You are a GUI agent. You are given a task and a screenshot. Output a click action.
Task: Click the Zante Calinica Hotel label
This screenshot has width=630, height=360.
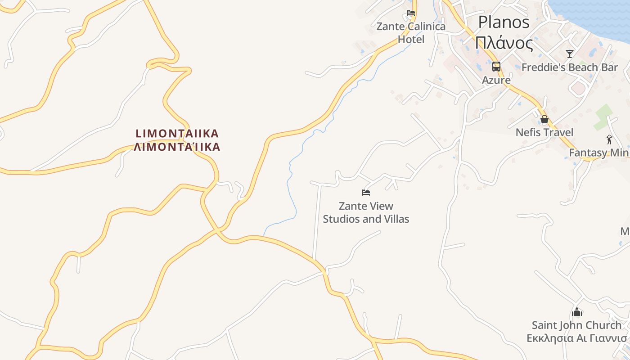point(411,33)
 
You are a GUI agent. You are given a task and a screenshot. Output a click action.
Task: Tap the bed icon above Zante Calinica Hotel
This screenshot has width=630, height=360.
point(411,13)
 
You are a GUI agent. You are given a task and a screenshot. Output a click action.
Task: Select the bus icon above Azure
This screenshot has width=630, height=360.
point(496,67)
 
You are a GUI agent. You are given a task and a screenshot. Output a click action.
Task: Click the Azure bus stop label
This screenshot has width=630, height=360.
point(496,80)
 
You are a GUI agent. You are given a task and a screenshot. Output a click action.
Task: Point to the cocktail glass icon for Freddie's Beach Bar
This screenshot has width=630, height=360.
point(570,54)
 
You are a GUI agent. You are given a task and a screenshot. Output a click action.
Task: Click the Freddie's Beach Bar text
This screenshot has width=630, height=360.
point(570,67)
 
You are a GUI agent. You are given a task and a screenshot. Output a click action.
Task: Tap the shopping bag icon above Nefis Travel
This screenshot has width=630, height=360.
point(544,119)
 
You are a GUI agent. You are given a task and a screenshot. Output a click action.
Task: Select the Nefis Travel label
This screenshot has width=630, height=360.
point(544,132)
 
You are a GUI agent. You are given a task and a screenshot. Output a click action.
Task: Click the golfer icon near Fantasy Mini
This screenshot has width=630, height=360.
point(609,139)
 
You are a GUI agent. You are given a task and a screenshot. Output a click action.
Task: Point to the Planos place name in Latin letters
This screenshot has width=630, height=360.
point(504,22)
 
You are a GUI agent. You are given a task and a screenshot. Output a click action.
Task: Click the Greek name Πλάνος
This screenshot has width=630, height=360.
point(504,44)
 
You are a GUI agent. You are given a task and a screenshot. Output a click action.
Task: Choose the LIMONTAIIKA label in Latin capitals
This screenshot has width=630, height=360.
point(177,134)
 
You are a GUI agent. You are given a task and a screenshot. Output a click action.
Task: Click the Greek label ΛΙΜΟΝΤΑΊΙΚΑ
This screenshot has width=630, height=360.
point(177,147)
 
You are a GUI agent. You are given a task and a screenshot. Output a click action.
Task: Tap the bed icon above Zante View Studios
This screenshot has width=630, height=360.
point(366,193)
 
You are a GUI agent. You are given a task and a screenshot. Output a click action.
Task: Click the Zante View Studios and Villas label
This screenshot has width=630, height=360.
point(366,213)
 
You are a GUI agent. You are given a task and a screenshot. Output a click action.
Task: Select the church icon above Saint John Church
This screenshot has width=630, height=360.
point(577,311)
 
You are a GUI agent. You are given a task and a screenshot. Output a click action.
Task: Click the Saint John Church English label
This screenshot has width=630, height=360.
point(577,325)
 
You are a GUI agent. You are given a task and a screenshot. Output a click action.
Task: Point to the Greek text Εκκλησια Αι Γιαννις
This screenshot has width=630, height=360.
point(577,338)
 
